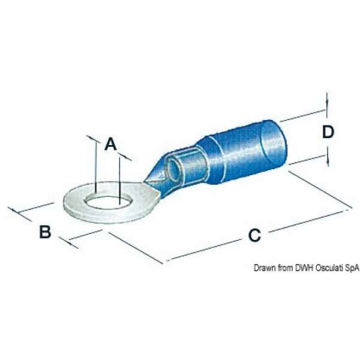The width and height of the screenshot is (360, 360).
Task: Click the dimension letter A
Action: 110,144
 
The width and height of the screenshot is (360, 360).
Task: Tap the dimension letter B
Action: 45,232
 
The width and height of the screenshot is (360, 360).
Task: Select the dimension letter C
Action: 254,235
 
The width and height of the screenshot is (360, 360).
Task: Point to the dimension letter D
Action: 328,132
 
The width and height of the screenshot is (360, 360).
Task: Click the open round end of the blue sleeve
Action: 274,143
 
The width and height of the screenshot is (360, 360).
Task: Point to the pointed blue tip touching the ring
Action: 145,181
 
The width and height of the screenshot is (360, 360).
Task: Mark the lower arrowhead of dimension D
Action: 328,160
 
